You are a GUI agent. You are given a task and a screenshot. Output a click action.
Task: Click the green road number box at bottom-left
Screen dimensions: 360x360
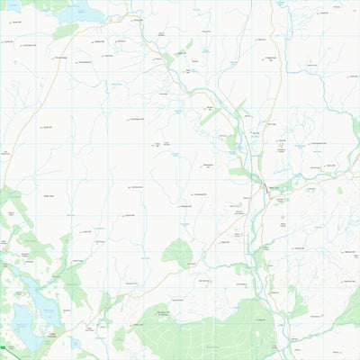tap(4, 346)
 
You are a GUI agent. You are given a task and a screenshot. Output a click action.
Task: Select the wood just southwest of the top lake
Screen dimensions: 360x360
tap(65, 31)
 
